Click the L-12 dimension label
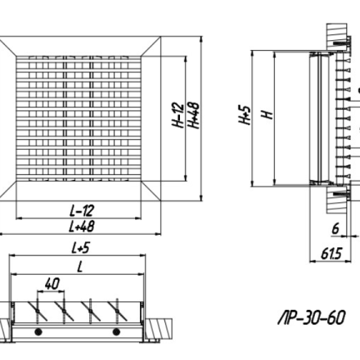pyautogui.click(x=82, y=210)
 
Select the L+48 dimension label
pyautogui.click(x=82, y=227)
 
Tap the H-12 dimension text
pyautogui.click(x=178, y=115)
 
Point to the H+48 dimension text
pyautogui.click(x=193, y=115)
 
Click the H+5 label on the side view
pyautogui.click(x=245, y=115)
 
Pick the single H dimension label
pyautogui.click(x=268, y=115)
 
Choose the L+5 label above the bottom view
pyautogui.click(x=80, y=248)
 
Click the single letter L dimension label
pyautogui.click(x=79, y=267)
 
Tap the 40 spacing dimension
pyautogui.click(x=52, y=284)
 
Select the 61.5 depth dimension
pyautogui.click(x=331, y=254)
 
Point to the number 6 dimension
pyautogui.click(x=335, y=228)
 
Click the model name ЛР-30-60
pyautogui.click(x=312, y=317)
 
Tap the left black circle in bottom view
pyautogui.click(x=38, y=332)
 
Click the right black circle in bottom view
pyautogui.click(x=116, y=332)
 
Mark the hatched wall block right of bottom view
pyautogui.click(x=160, y=329)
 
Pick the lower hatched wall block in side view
pyautogui.click(x=337, y=200)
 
